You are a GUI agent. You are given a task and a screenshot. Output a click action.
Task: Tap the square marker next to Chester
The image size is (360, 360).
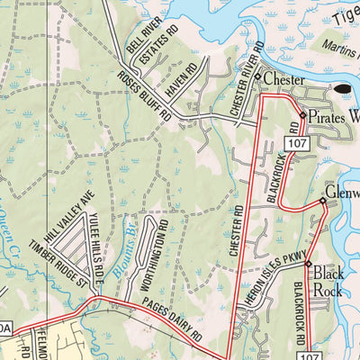click(257, 78)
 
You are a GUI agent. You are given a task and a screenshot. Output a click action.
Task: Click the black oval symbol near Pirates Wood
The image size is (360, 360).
click(344, 90)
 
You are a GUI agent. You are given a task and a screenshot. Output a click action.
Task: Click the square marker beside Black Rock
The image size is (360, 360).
click(307, 264)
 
